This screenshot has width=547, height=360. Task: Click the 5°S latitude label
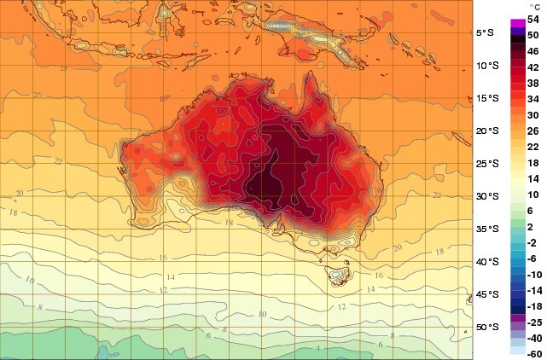click(486, 33)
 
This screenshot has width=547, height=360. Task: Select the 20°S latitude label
click(486, 131)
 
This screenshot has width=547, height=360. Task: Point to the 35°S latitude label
click(486, 229)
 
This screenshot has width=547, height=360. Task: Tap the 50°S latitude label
click(486, 328)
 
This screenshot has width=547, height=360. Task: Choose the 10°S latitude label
click(486, 66)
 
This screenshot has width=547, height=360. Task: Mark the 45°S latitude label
click(486, 295)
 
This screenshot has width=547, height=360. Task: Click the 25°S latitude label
click(486, 164)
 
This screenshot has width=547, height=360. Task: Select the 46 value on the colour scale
click(533, 51)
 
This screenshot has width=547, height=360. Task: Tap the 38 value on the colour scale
click(533, 83)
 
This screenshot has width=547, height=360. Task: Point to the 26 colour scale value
click(533, 131)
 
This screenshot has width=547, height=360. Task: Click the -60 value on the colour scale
click(533, 353)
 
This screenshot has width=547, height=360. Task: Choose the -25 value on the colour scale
click(533, 322)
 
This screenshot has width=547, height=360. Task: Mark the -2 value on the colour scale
click(533, 242)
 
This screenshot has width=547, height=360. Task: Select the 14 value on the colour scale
click(533, 178)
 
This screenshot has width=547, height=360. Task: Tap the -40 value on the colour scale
click(533, 338)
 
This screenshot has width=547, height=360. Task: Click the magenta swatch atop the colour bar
click(516, 23)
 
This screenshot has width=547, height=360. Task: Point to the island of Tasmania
click(340, 276)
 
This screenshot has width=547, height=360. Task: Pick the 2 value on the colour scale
click(533, 226)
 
